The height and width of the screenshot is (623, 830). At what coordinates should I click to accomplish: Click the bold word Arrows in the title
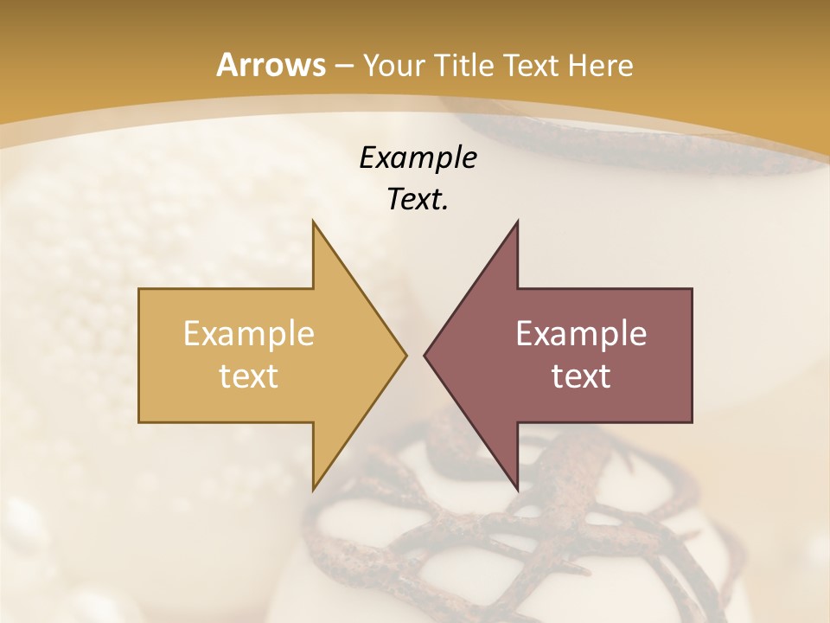click(271, 65)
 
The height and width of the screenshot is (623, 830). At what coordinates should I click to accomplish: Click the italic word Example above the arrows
click(418, 157)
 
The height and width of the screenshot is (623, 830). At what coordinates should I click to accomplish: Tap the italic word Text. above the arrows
click(418, 199)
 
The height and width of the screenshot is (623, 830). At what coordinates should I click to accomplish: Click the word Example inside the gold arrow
click(249, 333)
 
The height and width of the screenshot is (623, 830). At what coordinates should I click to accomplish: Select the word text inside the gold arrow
click(249, 376)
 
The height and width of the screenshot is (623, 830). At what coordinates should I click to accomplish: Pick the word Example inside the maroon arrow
click(581, 333)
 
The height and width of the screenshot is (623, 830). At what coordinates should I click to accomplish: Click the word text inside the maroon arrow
click(581, 376)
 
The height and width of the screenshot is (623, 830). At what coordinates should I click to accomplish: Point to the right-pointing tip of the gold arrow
click(406, 355)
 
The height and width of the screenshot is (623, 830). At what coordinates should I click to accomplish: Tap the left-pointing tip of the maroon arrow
click(425, 355)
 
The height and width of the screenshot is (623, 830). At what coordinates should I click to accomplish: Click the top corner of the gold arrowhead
click(313, 222)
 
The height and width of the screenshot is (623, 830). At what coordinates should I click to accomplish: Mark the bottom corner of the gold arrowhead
click(313, 490)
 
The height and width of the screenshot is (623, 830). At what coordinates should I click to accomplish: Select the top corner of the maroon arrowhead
click(517, 222)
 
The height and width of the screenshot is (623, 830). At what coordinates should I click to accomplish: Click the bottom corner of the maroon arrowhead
click(517, 490)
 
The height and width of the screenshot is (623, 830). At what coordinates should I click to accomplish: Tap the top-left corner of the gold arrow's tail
click(139, 289)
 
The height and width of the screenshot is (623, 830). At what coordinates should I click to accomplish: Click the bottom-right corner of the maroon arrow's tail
click(692, 422)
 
